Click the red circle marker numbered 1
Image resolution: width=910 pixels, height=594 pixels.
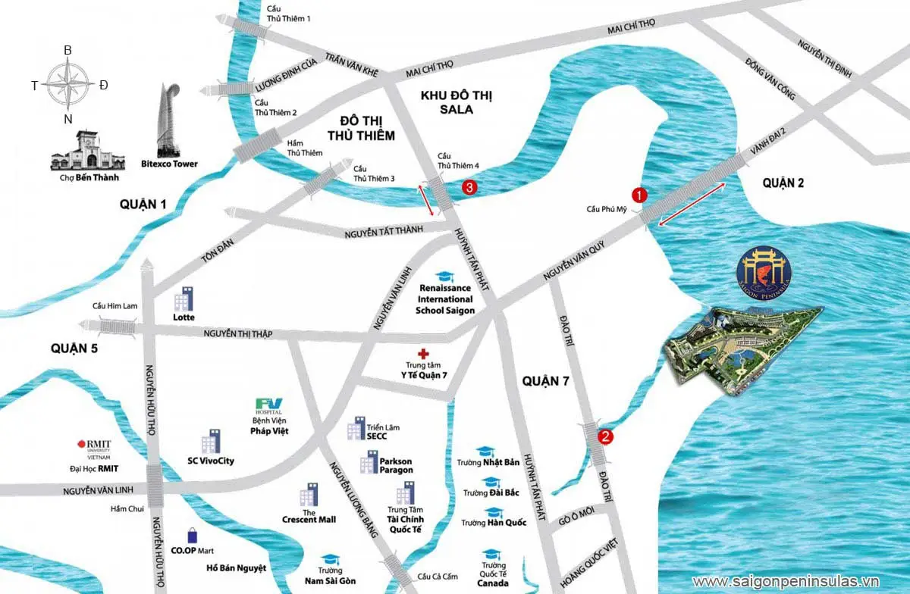(x=639, y=194)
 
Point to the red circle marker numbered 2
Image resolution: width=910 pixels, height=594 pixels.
(x=605, y=436)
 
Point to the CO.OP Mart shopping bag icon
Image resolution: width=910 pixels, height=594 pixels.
(x=193, y=536)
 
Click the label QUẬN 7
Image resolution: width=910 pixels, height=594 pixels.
(x=545, y=381)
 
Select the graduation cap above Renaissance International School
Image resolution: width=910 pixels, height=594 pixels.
(x=443, y=278)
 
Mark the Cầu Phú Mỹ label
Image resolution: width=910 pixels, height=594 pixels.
(x=608, y=209)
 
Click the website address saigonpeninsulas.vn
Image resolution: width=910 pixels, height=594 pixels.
(x=795, y=581)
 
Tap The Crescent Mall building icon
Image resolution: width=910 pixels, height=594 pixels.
(x=309, y=496)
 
